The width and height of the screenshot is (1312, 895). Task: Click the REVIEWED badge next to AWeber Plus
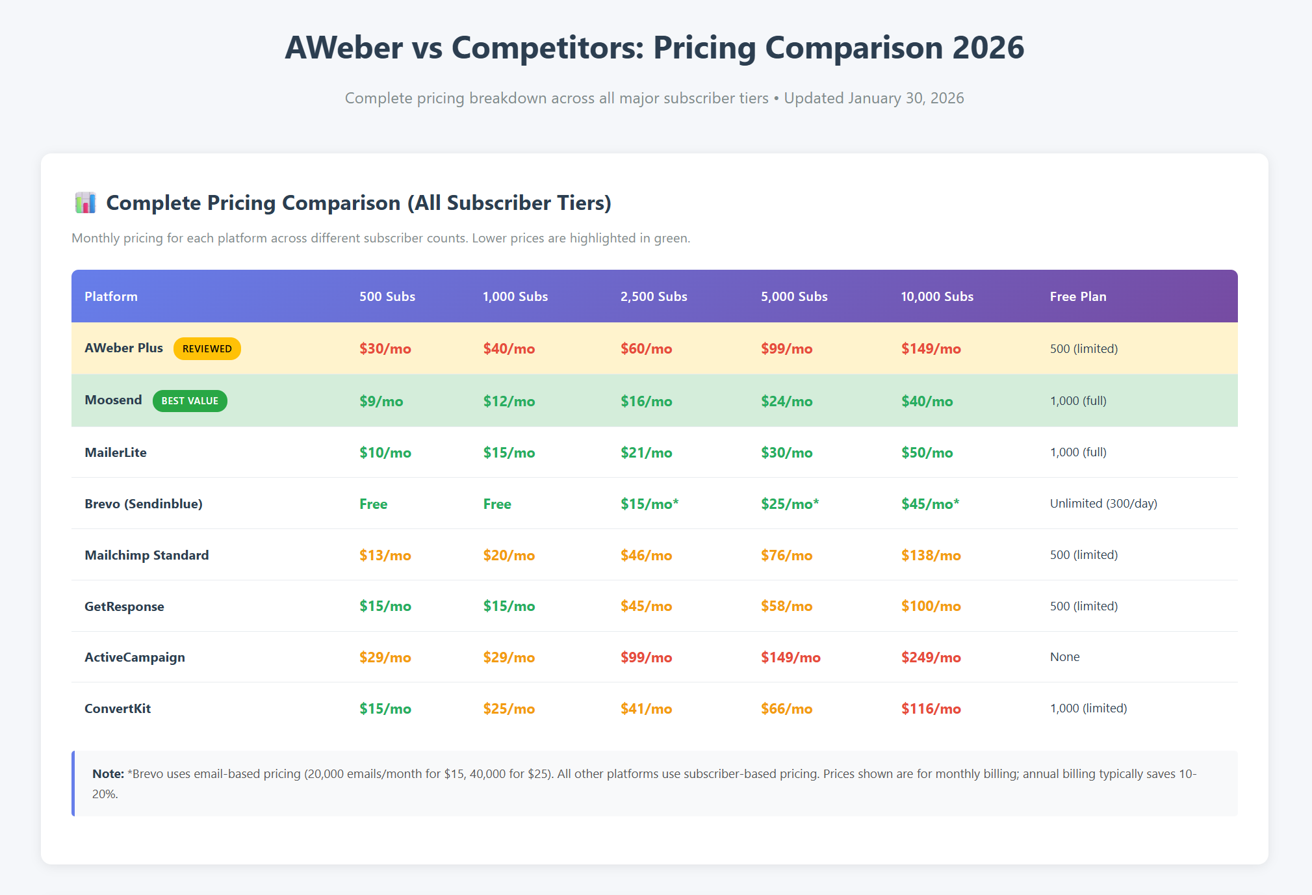(x=207, y=349)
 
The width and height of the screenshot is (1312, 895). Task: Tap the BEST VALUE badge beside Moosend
(x=190, y=401)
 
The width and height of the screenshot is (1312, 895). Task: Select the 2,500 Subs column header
(x=654, y=297)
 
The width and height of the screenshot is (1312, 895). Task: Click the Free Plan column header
(x=1078, y=297)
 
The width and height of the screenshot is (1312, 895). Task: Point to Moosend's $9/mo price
(x=381, y=402)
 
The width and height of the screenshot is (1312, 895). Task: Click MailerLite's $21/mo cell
(x=646, y=453)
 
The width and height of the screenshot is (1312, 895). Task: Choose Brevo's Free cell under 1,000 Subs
(x=497, y=504)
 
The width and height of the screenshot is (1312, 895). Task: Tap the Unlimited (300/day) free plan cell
(x=1103, y=504)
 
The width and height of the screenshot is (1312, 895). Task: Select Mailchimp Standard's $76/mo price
(x=786, y=556)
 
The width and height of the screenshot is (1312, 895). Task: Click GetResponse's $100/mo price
(x=931, y=606)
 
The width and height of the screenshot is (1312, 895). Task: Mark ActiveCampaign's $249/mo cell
(x=931, y=658)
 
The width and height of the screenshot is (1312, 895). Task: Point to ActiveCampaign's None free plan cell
(x=1064, y=657)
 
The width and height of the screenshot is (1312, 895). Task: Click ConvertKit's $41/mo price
(x=646, y=709)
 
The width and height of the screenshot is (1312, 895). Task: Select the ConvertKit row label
(x=118, y=709)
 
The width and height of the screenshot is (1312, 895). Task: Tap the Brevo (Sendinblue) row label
(x=144, y=504)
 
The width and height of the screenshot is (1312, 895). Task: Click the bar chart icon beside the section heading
(x=85, y=203)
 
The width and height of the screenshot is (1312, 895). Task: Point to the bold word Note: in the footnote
(x=108, y=774)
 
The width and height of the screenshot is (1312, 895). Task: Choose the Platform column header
(x=111, y=297)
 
